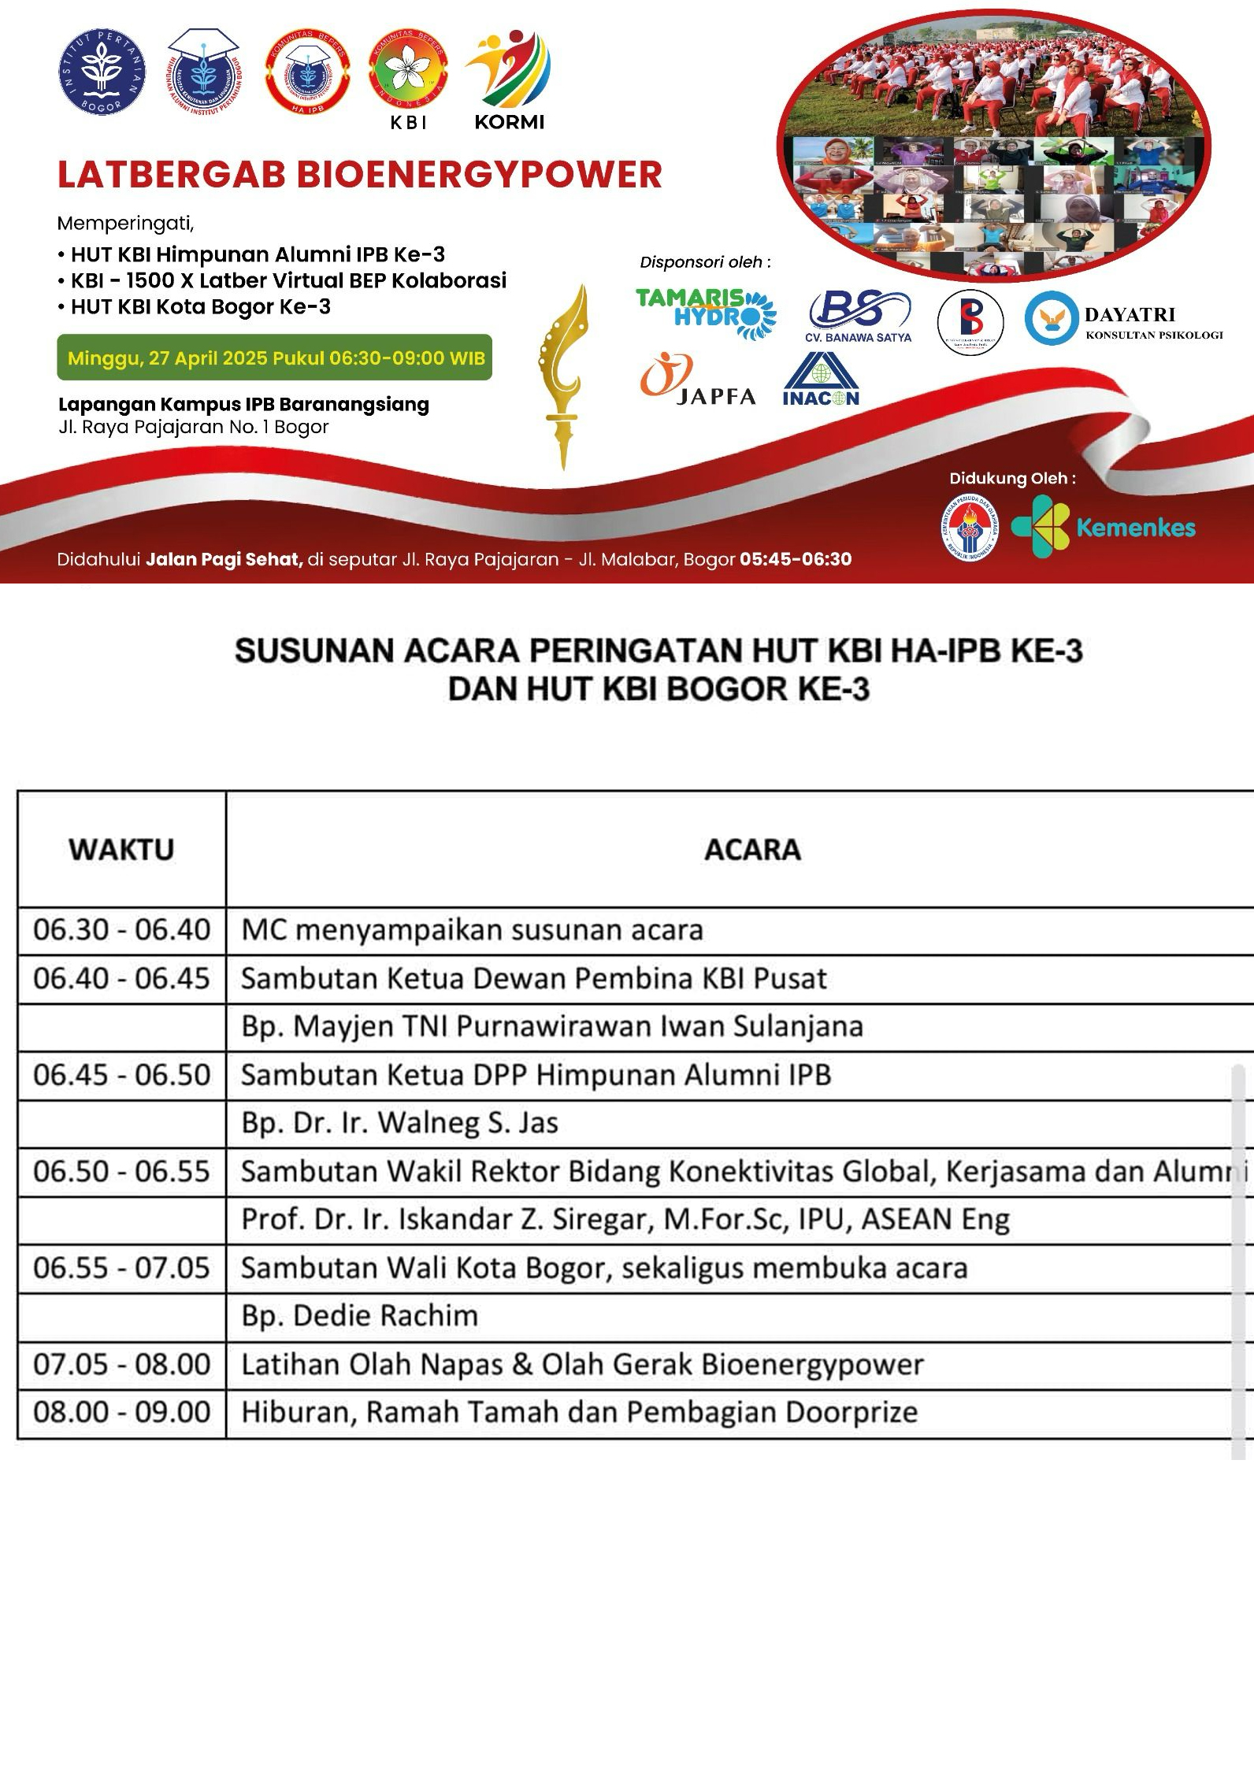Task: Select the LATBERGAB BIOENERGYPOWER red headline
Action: pos(359,175)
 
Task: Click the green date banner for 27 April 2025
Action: pos(275,358)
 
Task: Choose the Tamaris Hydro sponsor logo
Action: pos(706,312)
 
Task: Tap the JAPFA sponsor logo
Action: pos(698,379)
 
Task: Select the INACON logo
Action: pos(821,380)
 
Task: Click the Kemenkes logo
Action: pos(1103,527)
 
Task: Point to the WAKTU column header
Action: pos(121,850)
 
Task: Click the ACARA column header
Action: pos(752,850)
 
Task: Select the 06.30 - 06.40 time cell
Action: pos(122,930)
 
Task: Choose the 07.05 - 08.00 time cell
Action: pos(122,1364)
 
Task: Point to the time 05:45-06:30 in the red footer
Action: pos(796,559)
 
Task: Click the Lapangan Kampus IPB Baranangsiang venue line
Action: pos(243,405)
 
